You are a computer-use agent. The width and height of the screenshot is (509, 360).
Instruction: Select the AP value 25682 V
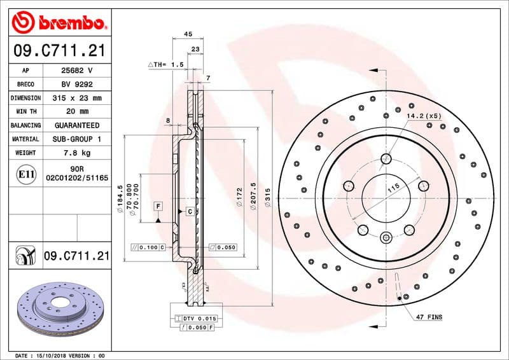pyautogui.click(x=77, y=71)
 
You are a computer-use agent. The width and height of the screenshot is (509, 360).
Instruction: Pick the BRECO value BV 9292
pyautogui.click(x=77, y=84)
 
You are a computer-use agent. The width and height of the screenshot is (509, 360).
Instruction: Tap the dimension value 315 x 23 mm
pyautogui.click(x=77, y=98)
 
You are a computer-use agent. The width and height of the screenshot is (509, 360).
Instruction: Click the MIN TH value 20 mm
pyautogui.click(x=77, y=111)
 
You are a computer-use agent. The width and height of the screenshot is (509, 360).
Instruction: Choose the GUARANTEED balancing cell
pyautogui.click(x=77, y=125)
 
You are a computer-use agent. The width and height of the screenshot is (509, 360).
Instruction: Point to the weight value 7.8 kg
pyautogui.click(x=77, y=153)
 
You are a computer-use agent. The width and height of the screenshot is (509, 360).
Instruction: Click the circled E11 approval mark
pyautogui.click(x=26, y=173)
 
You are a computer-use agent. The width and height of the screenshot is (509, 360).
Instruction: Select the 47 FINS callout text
pyautogui.click(x=429, y=317)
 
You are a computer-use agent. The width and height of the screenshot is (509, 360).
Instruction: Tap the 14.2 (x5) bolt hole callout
pyautogui.click(x=424, y=116)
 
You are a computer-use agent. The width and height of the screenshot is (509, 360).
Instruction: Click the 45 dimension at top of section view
pyautogui.click(x=188, y=34)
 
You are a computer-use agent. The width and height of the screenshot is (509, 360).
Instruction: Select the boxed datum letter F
pyautogui.click(x=158, y=205)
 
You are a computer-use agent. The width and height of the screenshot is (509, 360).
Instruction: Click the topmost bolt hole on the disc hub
pyautogui.click(x=386, y=158)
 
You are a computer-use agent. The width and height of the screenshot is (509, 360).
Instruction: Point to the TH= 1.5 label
pyautogui.click(x=166, y=65)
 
